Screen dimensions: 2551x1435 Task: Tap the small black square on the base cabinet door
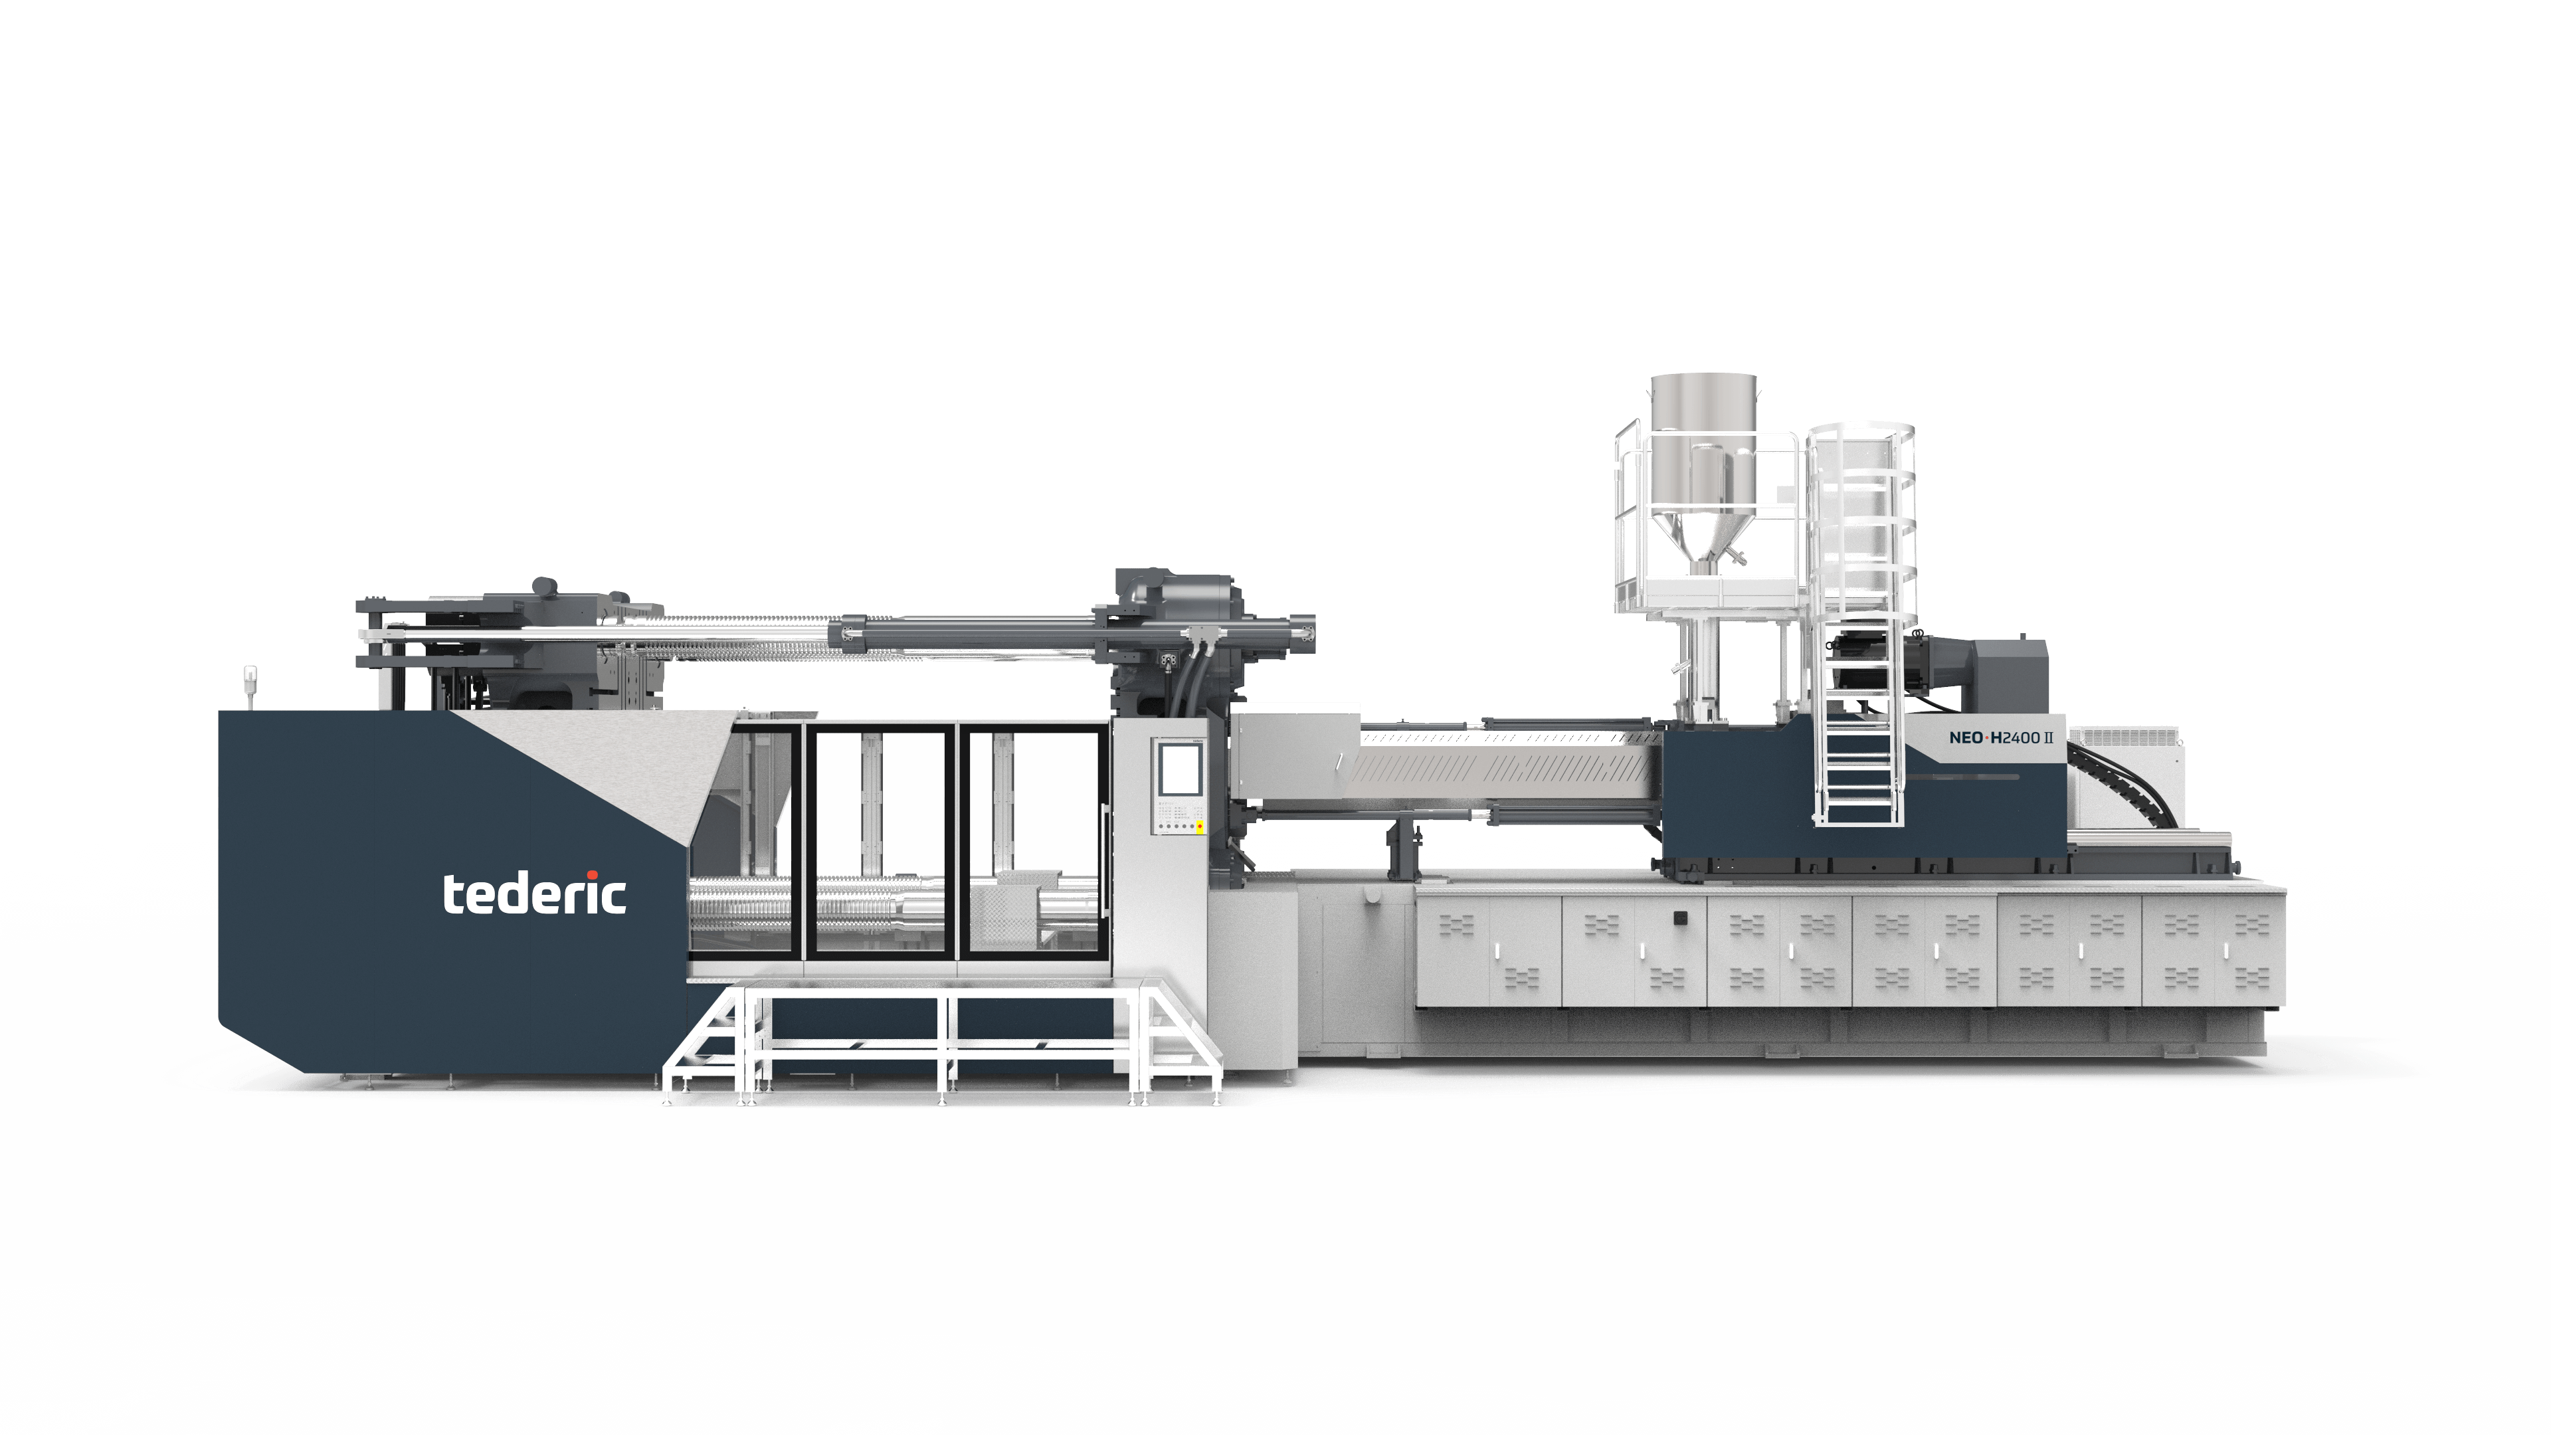click(1679, 917)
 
